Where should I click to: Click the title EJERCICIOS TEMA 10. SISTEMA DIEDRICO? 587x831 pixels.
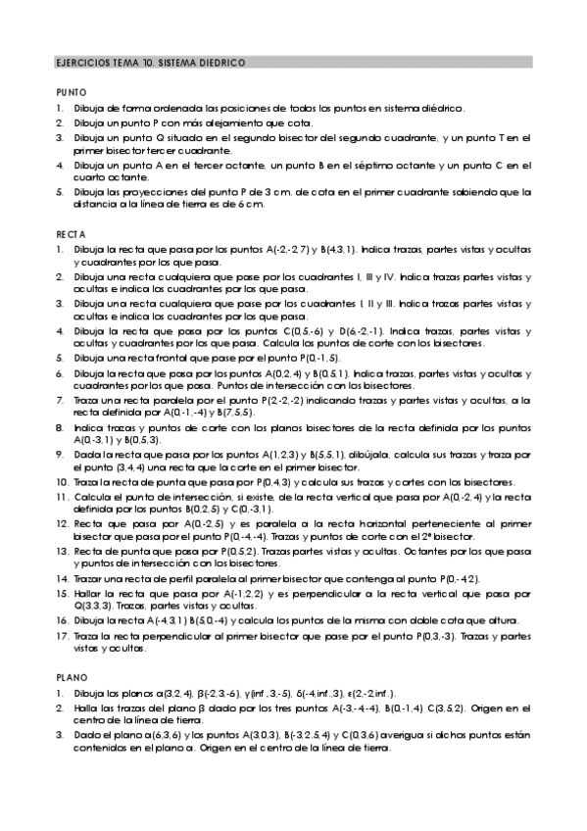pyautogui.click(x=143, y=62)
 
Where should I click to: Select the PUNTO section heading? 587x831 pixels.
pyautogui.click(x=71, y=90)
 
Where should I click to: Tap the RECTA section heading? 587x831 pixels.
pyautogui.click(x=71, y=235)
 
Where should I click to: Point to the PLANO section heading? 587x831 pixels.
pyautogui.click(x=71, y=676)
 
